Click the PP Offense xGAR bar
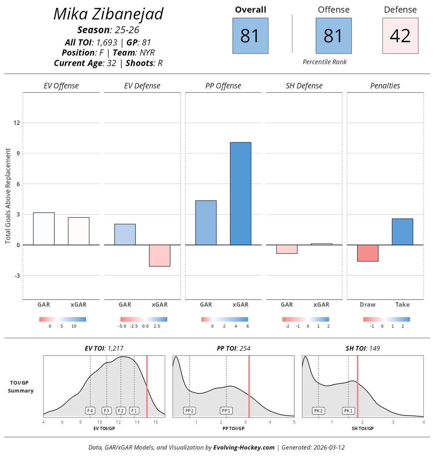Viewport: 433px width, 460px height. click(x=240, y=193)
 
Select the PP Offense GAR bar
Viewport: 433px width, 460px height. click(x=206, y=223)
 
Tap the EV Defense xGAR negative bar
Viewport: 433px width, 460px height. click(x=160, y=255)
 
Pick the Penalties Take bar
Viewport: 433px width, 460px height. click(x=402, y=232)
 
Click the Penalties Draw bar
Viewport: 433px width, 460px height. click(x=368, y=253)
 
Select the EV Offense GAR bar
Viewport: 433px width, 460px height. click(x=44, y=229)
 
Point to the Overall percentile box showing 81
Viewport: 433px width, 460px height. click(x=250, y=36)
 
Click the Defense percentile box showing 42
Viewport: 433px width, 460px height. click(x=400, y=36)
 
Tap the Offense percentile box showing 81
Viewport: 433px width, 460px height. click(x=334, y=36)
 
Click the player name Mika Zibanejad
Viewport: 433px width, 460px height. click(x=108, y=14)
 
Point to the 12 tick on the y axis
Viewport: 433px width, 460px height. click(x=17, y=123)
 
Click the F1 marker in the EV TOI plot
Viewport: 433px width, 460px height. click(x=134, y=410)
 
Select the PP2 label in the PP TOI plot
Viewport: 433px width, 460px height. click(x=189, y=410)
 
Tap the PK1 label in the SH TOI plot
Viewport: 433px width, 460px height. click(x=348, y=410)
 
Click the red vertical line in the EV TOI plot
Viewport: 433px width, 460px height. click(x=147, y=386)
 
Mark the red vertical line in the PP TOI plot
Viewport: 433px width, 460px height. click(x=249, y=386)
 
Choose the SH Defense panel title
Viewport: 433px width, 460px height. click(x=304, y=86)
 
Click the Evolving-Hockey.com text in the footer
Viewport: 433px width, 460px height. click(x=244, y=447)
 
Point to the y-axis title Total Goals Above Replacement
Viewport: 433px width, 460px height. click(x=8, y=196)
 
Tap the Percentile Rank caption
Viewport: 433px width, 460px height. click(x=324, y=62)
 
